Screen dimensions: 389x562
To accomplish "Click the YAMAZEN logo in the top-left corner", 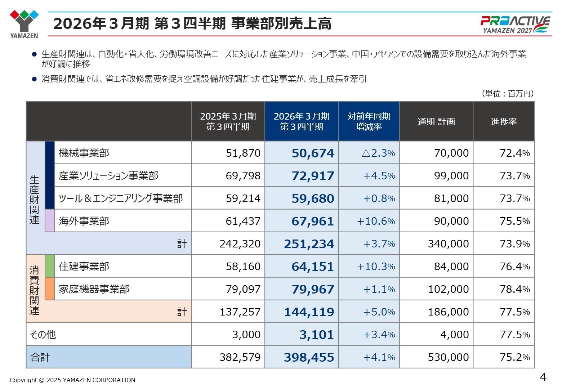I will (x=24, y=24).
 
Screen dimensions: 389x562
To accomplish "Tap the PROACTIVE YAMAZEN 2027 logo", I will (x=515, y=24).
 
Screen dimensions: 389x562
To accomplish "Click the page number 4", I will (x=543, y=377).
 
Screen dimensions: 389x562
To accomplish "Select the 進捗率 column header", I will (x=503, y=122).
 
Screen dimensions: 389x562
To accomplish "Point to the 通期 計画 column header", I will (x=436, y=122).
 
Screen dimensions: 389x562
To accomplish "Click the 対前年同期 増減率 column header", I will (x=369, y=121).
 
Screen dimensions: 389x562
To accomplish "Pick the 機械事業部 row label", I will (x=84, y=153).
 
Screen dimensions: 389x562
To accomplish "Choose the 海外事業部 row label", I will (x=84, y=221).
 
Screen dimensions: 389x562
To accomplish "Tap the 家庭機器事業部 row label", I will (x=94, y=289).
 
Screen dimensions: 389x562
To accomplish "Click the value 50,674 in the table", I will (x=313, y=153).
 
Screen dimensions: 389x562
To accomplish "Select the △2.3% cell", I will (x=378, y=153).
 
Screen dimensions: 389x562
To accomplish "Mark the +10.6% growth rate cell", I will (x=376, y=221).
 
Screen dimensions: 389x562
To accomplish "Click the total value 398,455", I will (x=309, y=357).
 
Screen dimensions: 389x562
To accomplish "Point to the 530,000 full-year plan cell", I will (x=448, y=357).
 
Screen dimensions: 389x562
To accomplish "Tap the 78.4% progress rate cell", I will (x=514, y=289).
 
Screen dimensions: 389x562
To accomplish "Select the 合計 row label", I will (x=40, y=357).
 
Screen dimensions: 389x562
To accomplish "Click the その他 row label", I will (x=43, y=335).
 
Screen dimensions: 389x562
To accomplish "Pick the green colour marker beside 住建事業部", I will (x=50, y=266).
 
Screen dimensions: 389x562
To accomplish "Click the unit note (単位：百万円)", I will (x=507, y=94).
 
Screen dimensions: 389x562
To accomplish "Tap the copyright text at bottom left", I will (x=72, y=380).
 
